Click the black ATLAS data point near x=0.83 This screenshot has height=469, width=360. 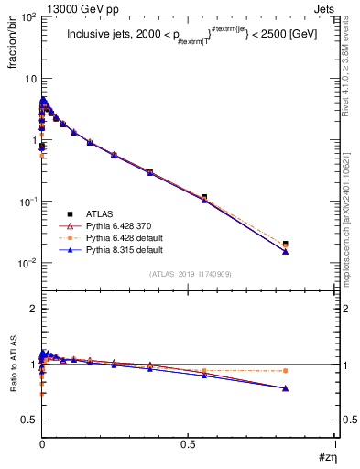[286, 244]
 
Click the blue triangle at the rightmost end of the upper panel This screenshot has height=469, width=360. [286, 251]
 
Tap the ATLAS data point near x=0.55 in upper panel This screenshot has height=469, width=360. [203, 197]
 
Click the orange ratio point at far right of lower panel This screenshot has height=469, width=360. [286, 371]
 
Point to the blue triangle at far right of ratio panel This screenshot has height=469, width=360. [286, 388]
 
